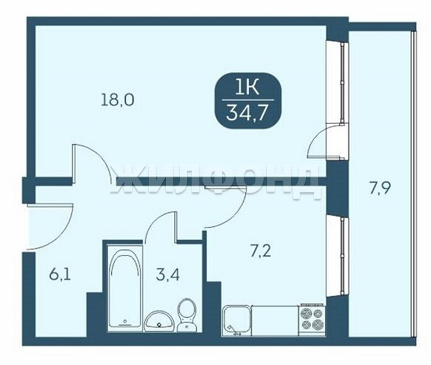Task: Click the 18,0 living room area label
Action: click(118, 99)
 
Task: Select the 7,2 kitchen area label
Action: click(261, 251)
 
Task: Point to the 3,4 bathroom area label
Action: click(168, 275)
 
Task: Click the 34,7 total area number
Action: click(247, 113)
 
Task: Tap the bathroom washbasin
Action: click(159, 321)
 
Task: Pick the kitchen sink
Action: click(236, 321)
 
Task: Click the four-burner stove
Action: click(312, 320)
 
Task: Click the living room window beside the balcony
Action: click(337, 83)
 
